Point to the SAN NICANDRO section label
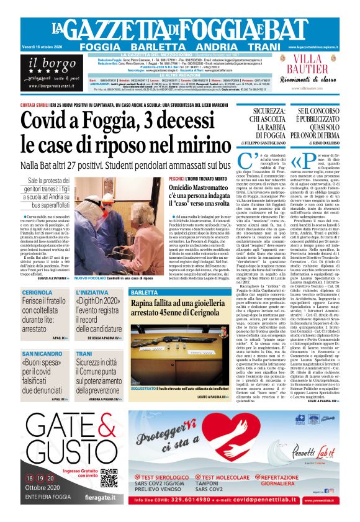tap(42, 354)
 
